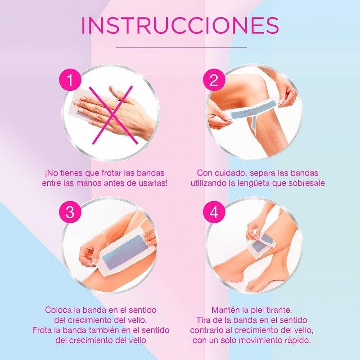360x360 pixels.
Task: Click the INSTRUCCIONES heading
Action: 180,26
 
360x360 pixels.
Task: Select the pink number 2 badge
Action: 214,81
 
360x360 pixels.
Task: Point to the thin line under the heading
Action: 181,47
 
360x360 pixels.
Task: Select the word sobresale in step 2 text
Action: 307,184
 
